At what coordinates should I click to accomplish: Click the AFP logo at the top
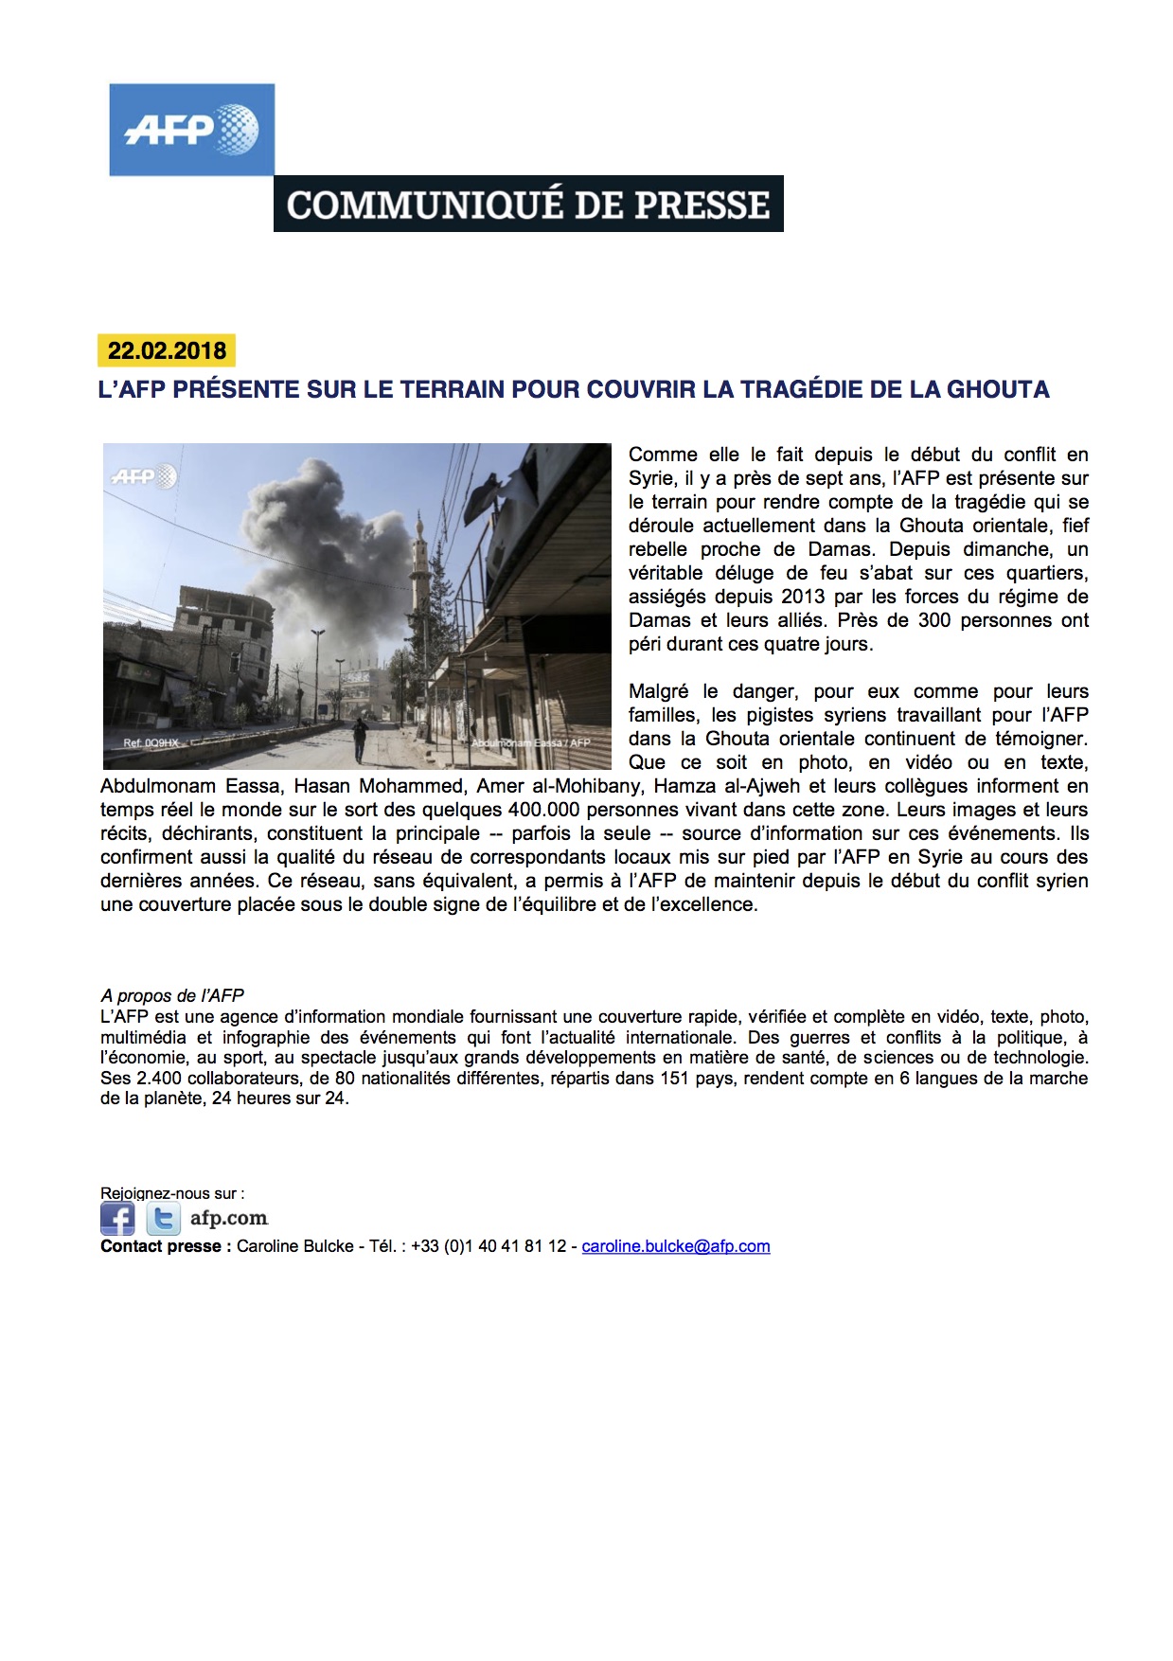pos(191,130)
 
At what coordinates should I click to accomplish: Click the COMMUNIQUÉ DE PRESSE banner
pos(528,204)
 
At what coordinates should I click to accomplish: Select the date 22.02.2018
pos(167,350)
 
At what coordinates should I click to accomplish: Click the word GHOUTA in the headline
pos(998,389)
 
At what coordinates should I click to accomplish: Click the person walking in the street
pos(360,739)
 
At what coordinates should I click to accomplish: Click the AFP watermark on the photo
pos(143,476)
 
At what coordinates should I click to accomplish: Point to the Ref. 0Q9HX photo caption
pos(151,743)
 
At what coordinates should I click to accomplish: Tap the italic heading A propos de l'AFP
pos(172,995)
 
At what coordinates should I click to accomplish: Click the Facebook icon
pos(117,1218)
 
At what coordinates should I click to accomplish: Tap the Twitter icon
pos(163,1218)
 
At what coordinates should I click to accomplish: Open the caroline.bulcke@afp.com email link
pos(675,1246)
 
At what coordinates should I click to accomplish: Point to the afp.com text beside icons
pos(229,1218)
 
